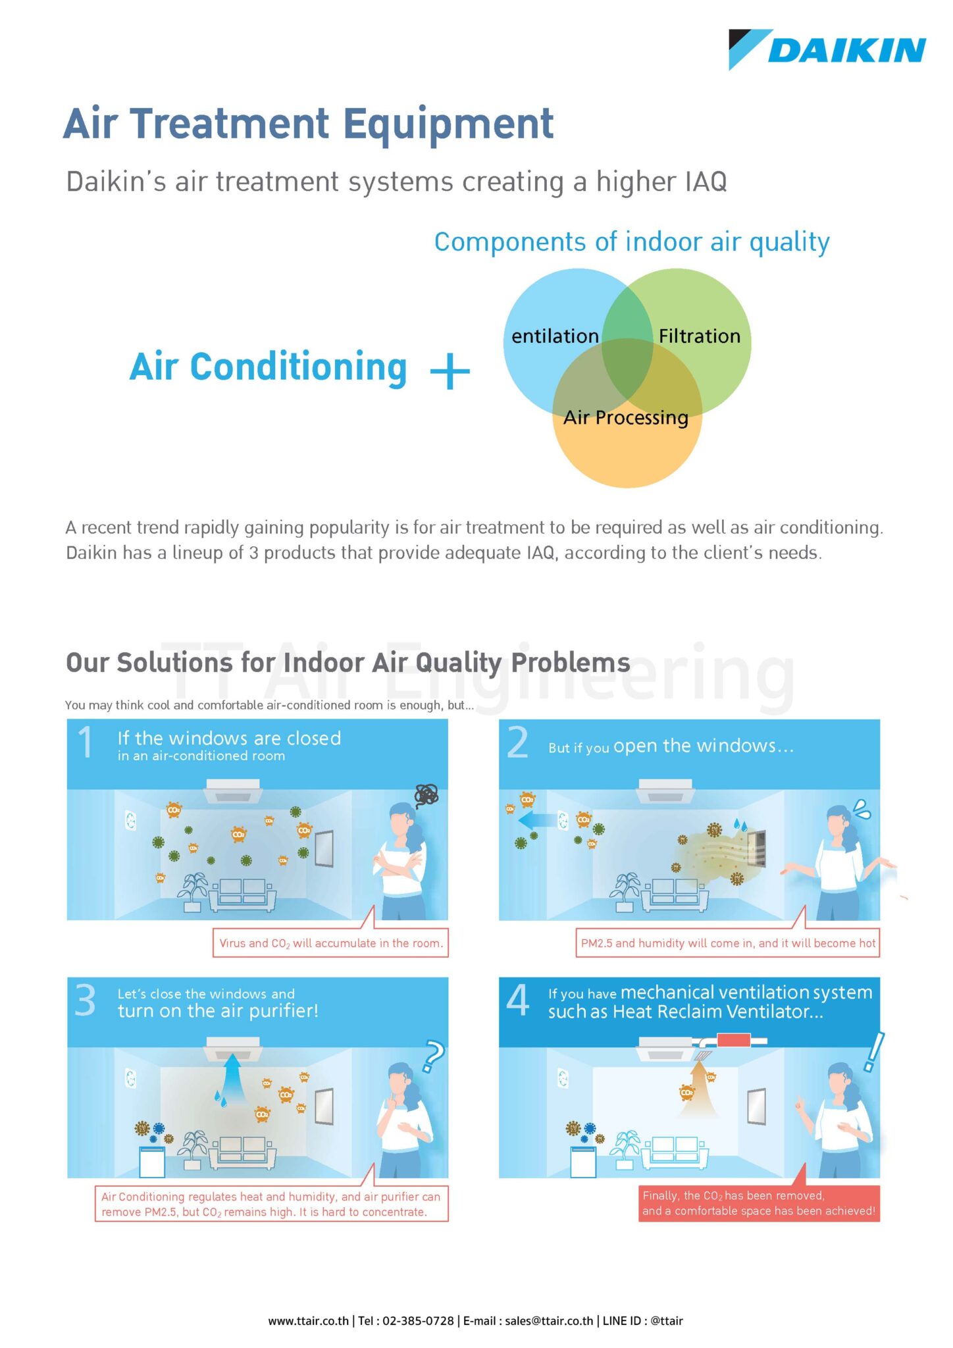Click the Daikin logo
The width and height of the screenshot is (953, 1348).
click(827, 50)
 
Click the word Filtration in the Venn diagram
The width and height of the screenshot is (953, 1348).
click(699, 336)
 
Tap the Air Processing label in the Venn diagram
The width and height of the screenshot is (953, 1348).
click(625, 417)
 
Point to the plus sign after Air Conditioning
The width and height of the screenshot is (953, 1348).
click(450, 371)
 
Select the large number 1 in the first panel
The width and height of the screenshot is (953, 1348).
click(86, 742)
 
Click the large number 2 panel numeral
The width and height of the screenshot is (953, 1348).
click(517, 743)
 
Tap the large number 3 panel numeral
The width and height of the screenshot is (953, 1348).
click(86, 1001)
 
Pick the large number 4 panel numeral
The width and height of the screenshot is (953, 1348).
click(518, 1000)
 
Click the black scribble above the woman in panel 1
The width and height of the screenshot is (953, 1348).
click(426, 796)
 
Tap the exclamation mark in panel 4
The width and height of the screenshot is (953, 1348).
click(873, 1051)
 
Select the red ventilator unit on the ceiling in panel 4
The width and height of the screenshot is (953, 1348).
click(733, 1041)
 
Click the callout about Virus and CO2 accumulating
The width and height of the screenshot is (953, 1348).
click(330, 943)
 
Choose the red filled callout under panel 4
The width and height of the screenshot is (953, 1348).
click(758, 1203)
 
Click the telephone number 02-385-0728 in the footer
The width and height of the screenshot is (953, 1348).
click(418, 1320)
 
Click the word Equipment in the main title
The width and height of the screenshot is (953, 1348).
click(448, 124)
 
